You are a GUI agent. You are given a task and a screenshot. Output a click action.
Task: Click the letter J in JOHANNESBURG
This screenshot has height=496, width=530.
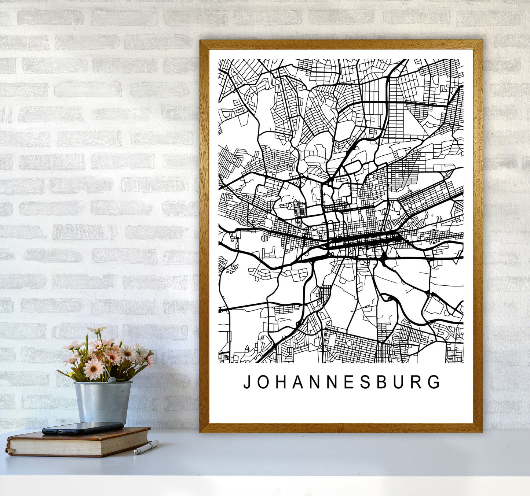(x=247, y=382)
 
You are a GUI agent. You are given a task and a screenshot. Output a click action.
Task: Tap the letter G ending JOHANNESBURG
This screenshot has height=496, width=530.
(x=435, y=382)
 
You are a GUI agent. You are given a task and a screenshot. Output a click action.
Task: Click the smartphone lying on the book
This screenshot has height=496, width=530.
(x=83, y=428)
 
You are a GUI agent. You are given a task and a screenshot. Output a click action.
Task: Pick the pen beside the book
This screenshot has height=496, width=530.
(x=146, y=447)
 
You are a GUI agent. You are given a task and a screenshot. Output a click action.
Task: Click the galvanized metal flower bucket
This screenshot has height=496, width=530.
(x=102, y=402)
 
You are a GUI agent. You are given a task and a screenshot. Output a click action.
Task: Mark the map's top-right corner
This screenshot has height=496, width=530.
(x=463, y=60)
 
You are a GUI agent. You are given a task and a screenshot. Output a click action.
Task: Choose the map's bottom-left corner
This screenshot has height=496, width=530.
(x=219, y=362)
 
